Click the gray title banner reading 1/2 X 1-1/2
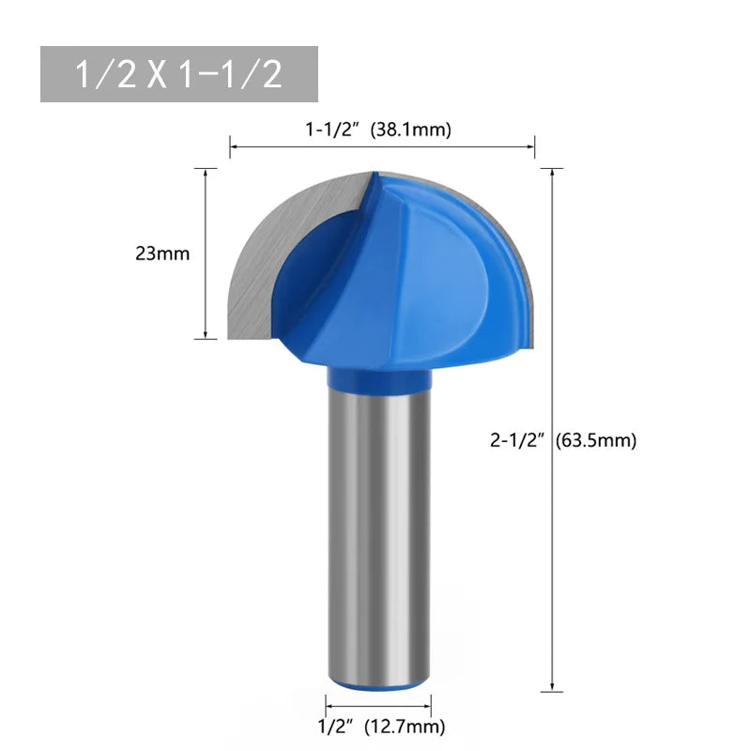[x=179, y=74]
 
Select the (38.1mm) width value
[x=412, y=130]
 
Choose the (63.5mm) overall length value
[x=597, y=440]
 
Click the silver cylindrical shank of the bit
[x=378, y=526]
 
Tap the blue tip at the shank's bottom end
[x=378, y=684]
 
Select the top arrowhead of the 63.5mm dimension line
[x=552, y=173]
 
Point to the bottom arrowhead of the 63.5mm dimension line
[x=552, y=688]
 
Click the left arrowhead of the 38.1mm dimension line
[x=235, y=146]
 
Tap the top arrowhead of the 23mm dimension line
[x=205, y=173]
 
